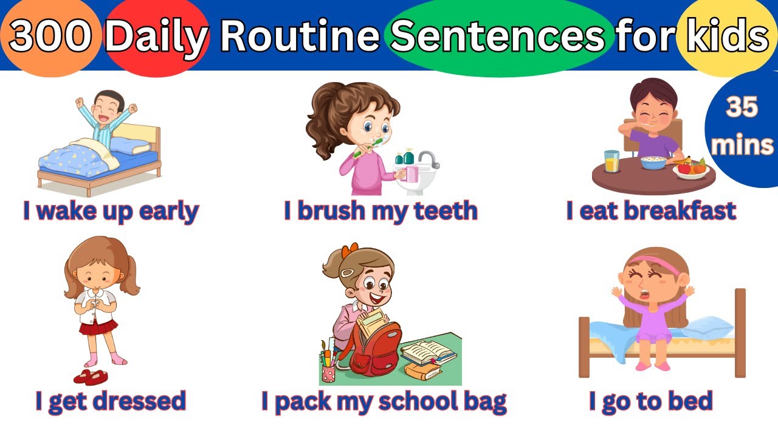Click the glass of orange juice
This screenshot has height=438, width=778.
pos(611,161)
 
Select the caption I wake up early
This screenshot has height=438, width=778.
pos(111,211)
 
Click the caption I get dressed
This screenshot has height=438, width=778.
pos(111,401)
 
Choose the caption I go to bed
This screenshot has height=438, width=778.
pos(650,401)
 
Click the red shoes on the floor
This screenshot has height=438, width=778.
pos(90,377)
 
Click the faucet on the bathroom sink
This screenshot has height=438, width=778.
pos(429,159)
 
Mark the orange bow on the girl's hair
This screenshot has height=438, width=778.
pos(349,251)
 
